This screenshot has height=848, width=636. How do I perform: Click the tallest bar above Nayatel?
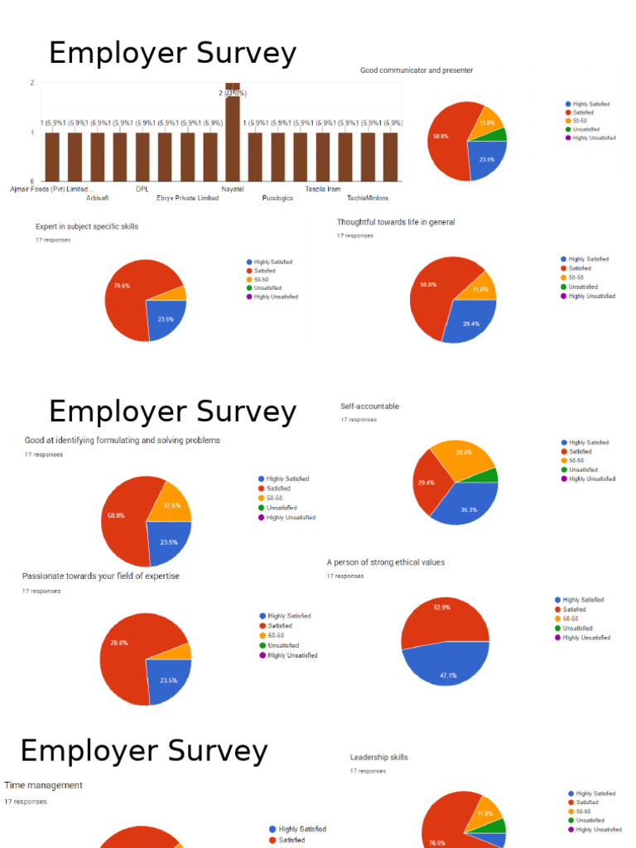pos(233,132)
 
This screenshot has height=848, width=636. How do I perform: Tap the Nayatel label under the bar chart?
pos(233,189)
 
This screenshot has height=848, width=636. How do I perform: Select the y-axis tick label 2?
pos(31,83)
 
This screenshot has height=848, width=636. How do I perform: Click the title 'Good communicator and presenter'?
pos(417,70)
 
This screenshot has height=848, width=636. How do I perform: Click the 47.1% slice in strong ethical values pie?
pos(447,667)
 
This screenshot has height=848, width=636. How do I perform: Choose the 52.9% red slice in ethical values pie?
pos(442,617)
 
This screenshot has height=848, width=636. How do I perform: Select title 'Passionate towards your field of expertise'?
pos(100,576)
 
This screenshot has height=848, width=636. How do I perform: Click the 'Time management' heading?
pos(43,785)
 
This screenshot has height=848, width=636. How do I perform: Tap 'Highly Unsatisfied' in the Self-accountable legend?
pos(592,479)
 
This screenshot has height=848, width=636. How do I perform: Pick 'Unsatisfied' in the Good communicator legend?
pos(587,129)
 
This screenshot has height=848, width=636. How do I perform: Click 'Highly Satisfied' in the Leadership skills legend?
pos(595,793)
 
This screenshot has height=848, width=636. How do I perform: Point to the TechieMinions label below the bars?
pos(368,198)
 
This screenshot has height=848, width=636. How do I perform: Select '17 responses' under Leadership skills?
pos(368,771)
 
